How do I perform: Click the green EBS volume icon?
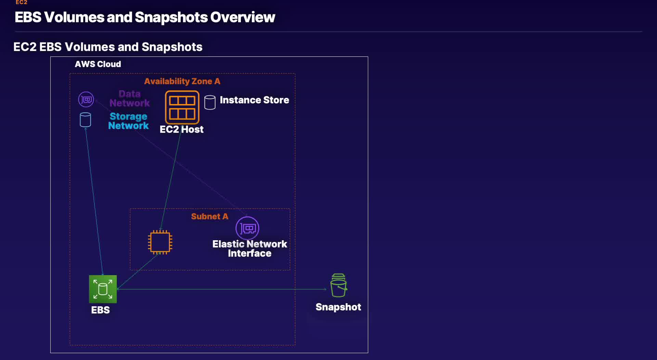tap(103, 289)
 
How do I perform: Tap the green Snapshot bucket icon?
tap(339, 285)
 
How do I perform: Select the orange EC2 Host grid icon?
tap(182, 107)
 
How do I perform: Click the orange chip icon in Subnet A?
tap(160, 242)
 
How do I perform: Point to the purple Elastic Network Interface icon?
tap(247, 228)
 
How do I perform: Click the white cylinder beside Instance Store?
tap(210, 102)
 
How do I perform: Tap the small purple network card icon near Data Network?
tap(86, 100)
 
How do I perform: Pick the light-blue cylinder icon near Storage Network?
tap(85, 120)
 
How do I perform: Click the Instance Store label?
tap(254, 100)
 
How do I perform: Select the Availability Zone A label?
tap(182, 81)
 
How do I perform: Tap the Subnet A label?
tap(209, 216)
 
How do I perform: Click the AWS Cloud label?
tap(98, 64)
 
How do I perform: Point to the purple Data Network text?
tap(129, 98)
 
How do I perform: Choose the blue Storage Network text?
tap(128, 121)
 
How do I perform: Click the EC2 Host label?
tap(181, 129)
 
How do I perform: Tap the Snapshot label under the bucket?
tap(338, 307)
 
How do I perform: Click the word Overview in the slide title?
tap(243, 17)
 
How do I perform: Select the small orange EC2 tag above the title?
tap(21, 2)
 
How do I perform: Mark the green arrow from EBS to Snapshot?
tap(222, 289)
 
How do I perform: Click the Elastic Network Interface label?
tap(249, 248)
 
